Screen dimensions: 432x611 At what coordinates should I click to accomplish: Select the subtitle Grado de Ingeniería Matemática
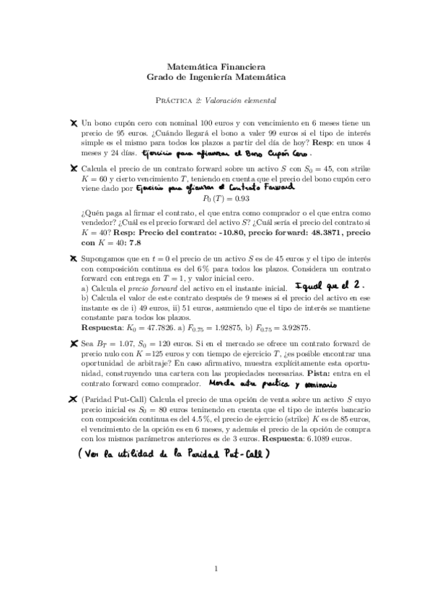click(216, 76)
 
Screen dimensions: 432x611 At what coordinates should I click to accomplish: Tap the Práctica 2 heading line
click(216, 99)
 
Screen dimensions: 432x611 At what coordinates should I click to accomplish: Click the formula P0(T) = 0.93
click(216, 198)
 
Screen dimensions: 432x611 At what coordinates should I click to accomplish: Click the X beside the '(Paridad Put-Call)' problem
click(74, 398)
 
